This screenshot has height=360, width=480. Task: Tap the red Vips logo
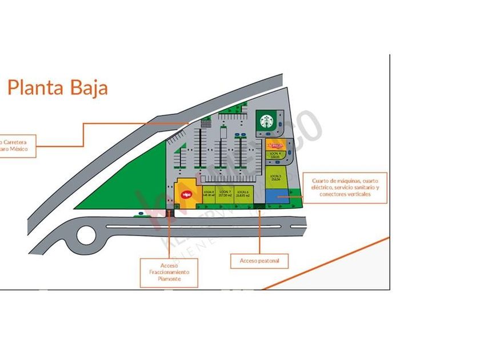pos(185,194)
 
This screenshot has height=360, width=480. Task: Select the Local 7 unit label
pos(225,193)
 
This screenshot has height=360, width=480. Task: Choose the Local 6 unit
pos(243,193)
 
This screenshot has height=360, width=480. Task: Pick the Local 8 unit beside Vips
pos(208,193)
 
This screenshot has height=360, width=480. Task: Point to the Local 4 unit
pos(275,155)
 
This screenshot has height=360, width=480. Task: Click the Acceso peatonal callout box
pos(259,261)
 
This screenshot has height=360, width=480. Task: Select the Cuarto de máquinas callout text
pos(345,187)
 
